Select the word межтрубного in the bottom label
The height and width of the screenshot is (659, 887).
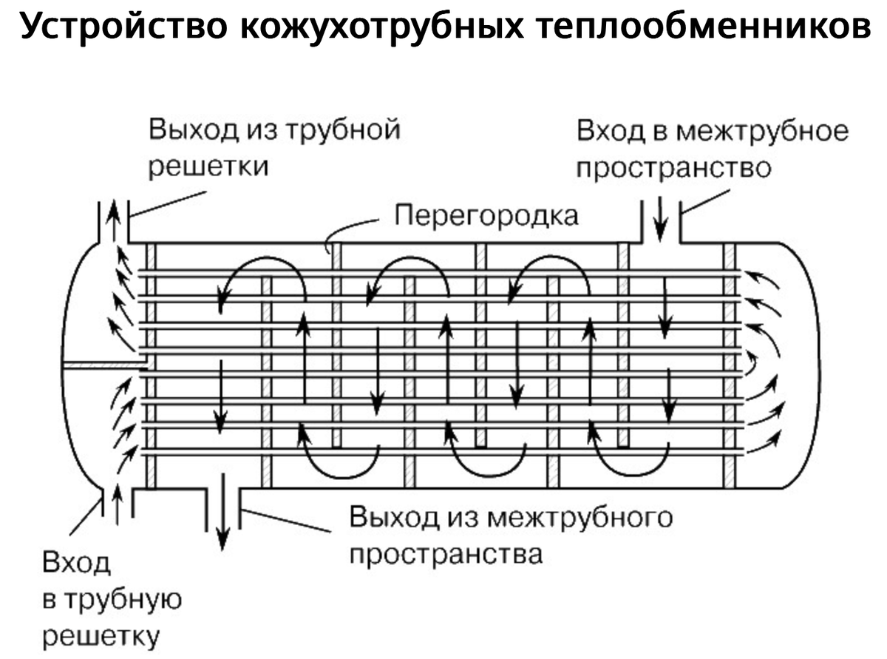pos(580,516)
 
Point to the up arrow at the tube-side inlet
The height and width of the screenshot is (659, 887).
pos(116,505)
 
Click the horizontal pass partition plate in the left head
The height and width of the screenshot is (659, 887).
pos(103,365)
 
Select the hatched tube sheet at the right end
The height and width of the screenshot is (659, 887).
pos(730,366)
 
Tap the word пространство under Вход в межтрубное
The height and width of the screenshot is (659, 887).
pos(673,168)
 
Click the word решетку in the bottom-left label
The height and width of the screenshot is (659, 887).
pos(101,635)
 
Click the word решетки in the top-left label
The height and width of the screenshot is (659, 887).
pos(208,167)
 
